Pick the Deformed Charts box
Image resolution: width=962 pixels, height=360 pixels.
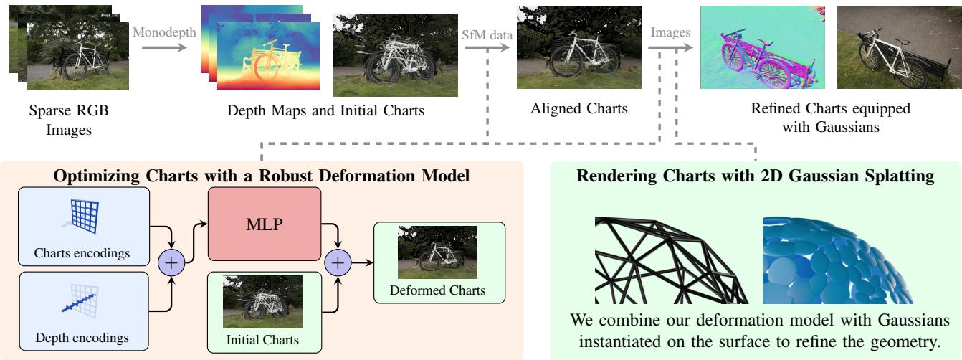(438, 261)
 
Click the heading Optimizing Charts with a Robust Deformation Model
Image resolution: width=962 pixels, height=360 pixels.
(262, 174)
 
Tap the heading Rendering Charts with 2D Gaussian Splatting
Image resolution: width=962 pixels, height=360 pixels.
(755, 174)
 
